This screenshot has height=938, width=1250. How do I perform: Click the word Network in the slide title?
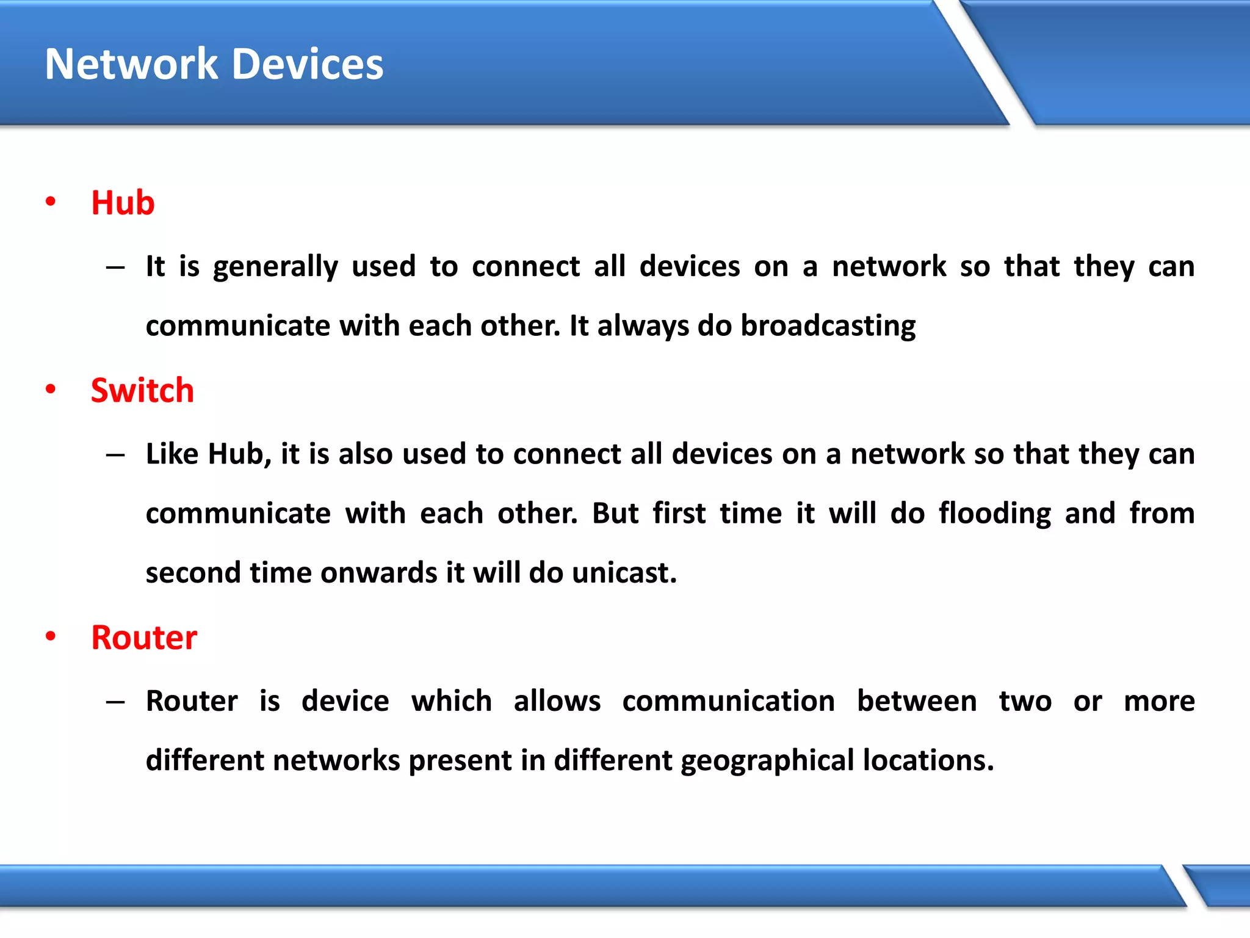pyautogui.click(x=131, y=64)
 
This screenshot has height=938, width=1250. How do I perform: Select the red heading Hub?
pyautogui.click(x=123, y=203)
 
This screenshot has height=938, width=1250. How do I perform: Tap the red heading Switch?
pyautogui.click(x=142, y=390)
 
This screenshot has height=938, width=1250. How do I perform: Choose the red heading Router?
pyautogui.click(x=144, y=638)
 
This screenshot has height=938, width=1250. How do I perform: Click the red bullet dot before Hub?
pyautogui.click(x=51, y=202)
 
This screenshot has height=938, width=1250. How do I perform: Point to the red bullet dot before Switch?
pyautogui.click(x=51, y=389)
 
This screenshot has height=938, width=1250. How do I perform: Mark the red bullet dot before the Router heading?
pyautogui.click(x=51, y=636)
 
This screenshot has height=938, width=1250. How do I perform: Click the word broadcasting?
pyautogui.click(x=828, y=326)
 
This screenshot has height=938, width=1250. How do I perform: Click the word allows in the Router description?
pyautogui.click(x=557, y=701)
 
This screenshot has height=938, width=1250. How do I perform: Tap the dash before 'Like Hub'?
pyautogui.click(x=115, y=454)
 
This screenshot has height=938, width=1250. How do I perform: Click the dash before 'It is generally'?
pyautogui.click(x=115, y=267)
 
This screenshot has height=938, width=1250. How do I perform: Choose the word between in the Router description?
pyautogui.click(x=917, y=701)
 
